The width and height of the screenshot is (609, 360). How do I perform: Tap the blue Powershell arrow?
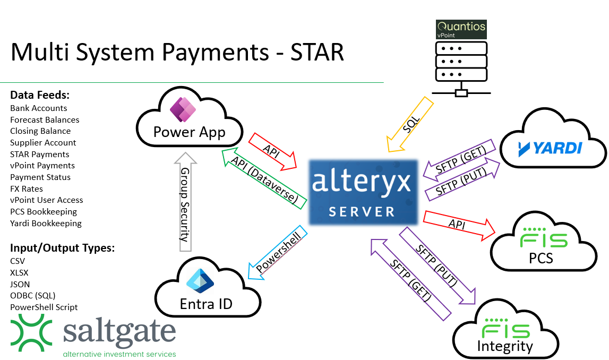[277, 254]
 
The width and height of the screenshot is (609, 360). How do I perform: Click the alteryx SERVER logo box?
[362, 194]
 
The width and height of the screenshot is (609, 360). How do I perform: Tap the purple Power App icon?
[183, 110]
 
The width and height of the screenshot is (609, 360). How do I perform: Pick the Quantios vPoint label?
[461, 29]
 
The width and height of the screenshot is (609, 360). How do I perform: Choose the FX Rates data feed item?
[27, 188]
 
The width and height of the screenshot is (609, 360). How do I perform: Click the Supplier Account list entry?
[43, 142]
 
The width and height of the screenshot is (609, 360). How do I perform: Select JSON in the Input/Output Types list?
[20, 284]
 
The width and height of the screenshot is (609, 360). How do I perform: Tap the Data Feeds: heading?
[40, 96]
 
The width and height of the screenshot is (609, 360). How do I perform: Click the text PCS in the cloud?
[541, 258]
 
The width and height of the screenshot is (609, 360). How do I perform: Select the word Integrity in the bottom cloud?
[505, 347]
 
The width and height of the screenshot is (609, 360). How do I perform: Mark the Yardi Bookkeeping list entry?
[46, 223]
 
